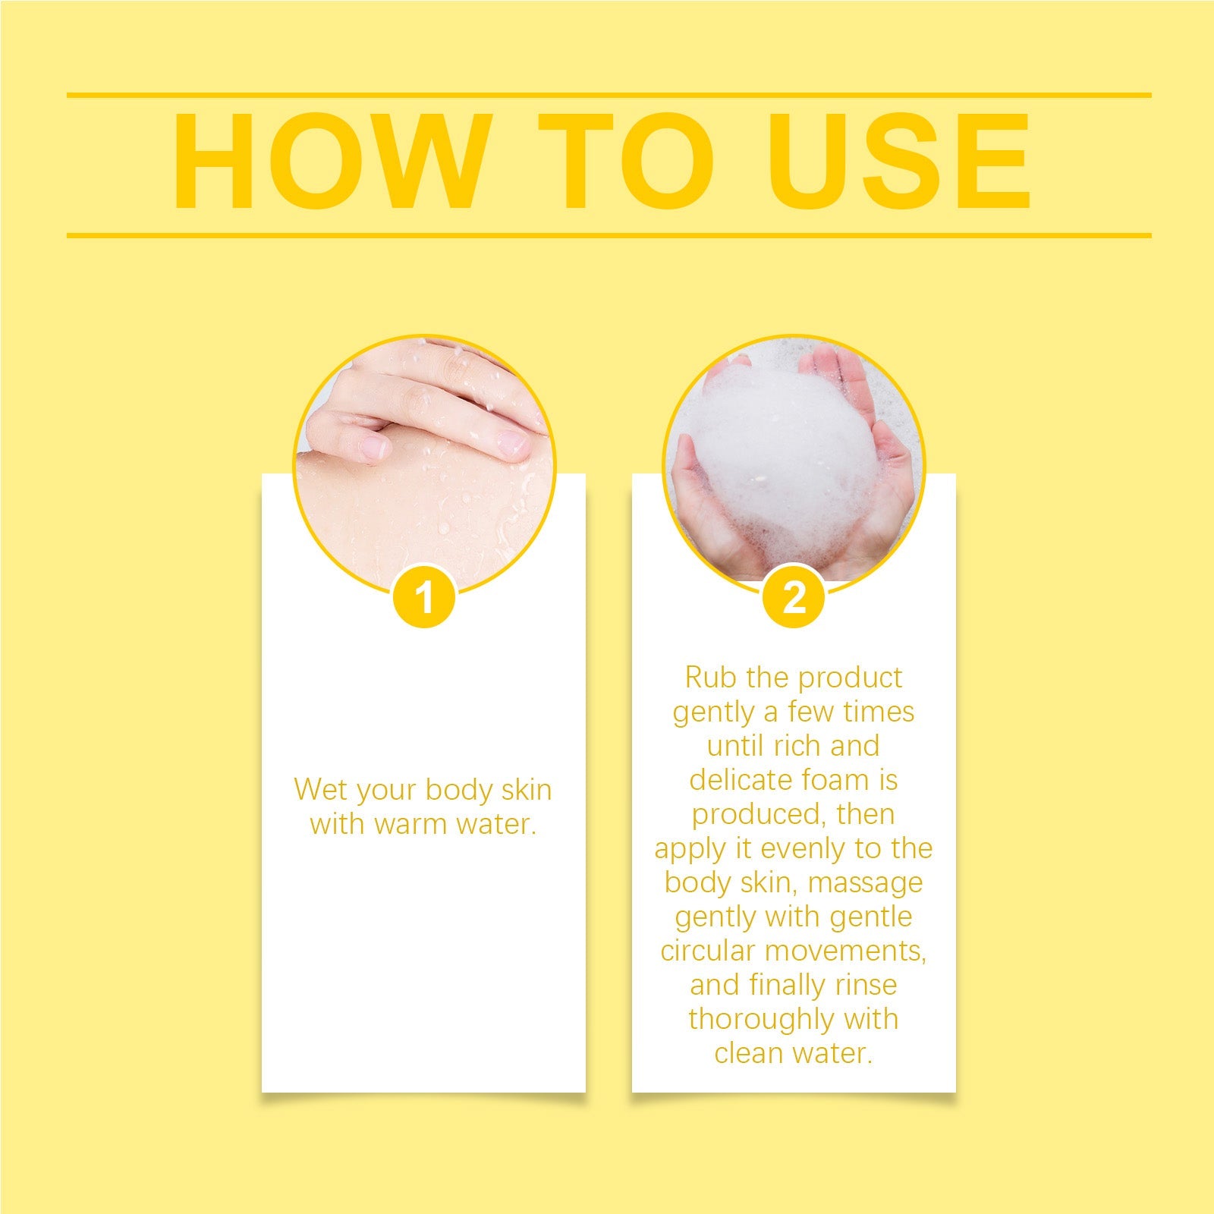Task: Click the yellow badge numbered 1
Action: [x=425, y=597]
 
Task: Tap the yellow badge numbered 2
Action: [x=794, y=597]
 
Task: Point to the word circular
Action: [x=708, y=951]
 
